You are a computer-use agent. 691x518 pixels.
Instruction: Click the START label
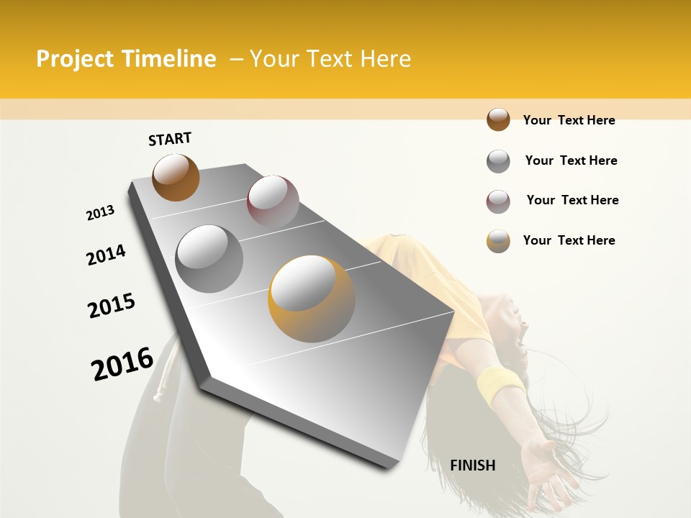[170, 139]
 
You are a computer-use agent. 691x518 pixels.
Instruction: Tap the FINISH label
[472, 465]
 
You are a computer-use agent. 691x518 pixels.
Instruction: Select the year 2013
[100, 213]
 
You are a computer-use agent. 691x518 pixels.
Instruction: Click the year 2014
[106, 255]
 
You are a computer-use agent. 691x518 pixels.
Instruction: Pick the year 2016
[122, 363]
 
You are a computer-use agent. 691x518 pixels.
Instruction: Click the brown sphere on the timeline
[176, 177]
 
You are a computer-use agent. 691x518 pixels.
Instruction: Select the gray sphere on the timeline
[209, 258]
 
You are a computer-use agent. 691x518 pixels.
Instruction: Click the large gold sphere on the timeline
[312, 298]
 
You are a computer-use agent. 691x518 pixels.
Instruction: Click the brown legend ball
[498, 119]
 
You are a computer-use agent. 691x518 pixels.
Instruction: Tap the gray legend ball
[498, 161]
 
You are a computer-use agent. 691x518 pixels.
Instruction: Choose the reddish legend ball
[498, 201]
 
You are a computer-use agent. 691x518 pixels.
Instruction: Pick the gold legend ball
[498, 241]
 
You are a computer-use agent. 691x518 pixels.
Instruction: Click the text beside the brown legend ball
[569, 120]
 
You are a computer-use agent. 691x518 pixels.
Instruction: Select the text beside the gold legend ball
[569, 240]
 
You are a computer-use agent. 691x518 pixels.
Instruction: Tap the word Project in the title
[75, 59]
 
